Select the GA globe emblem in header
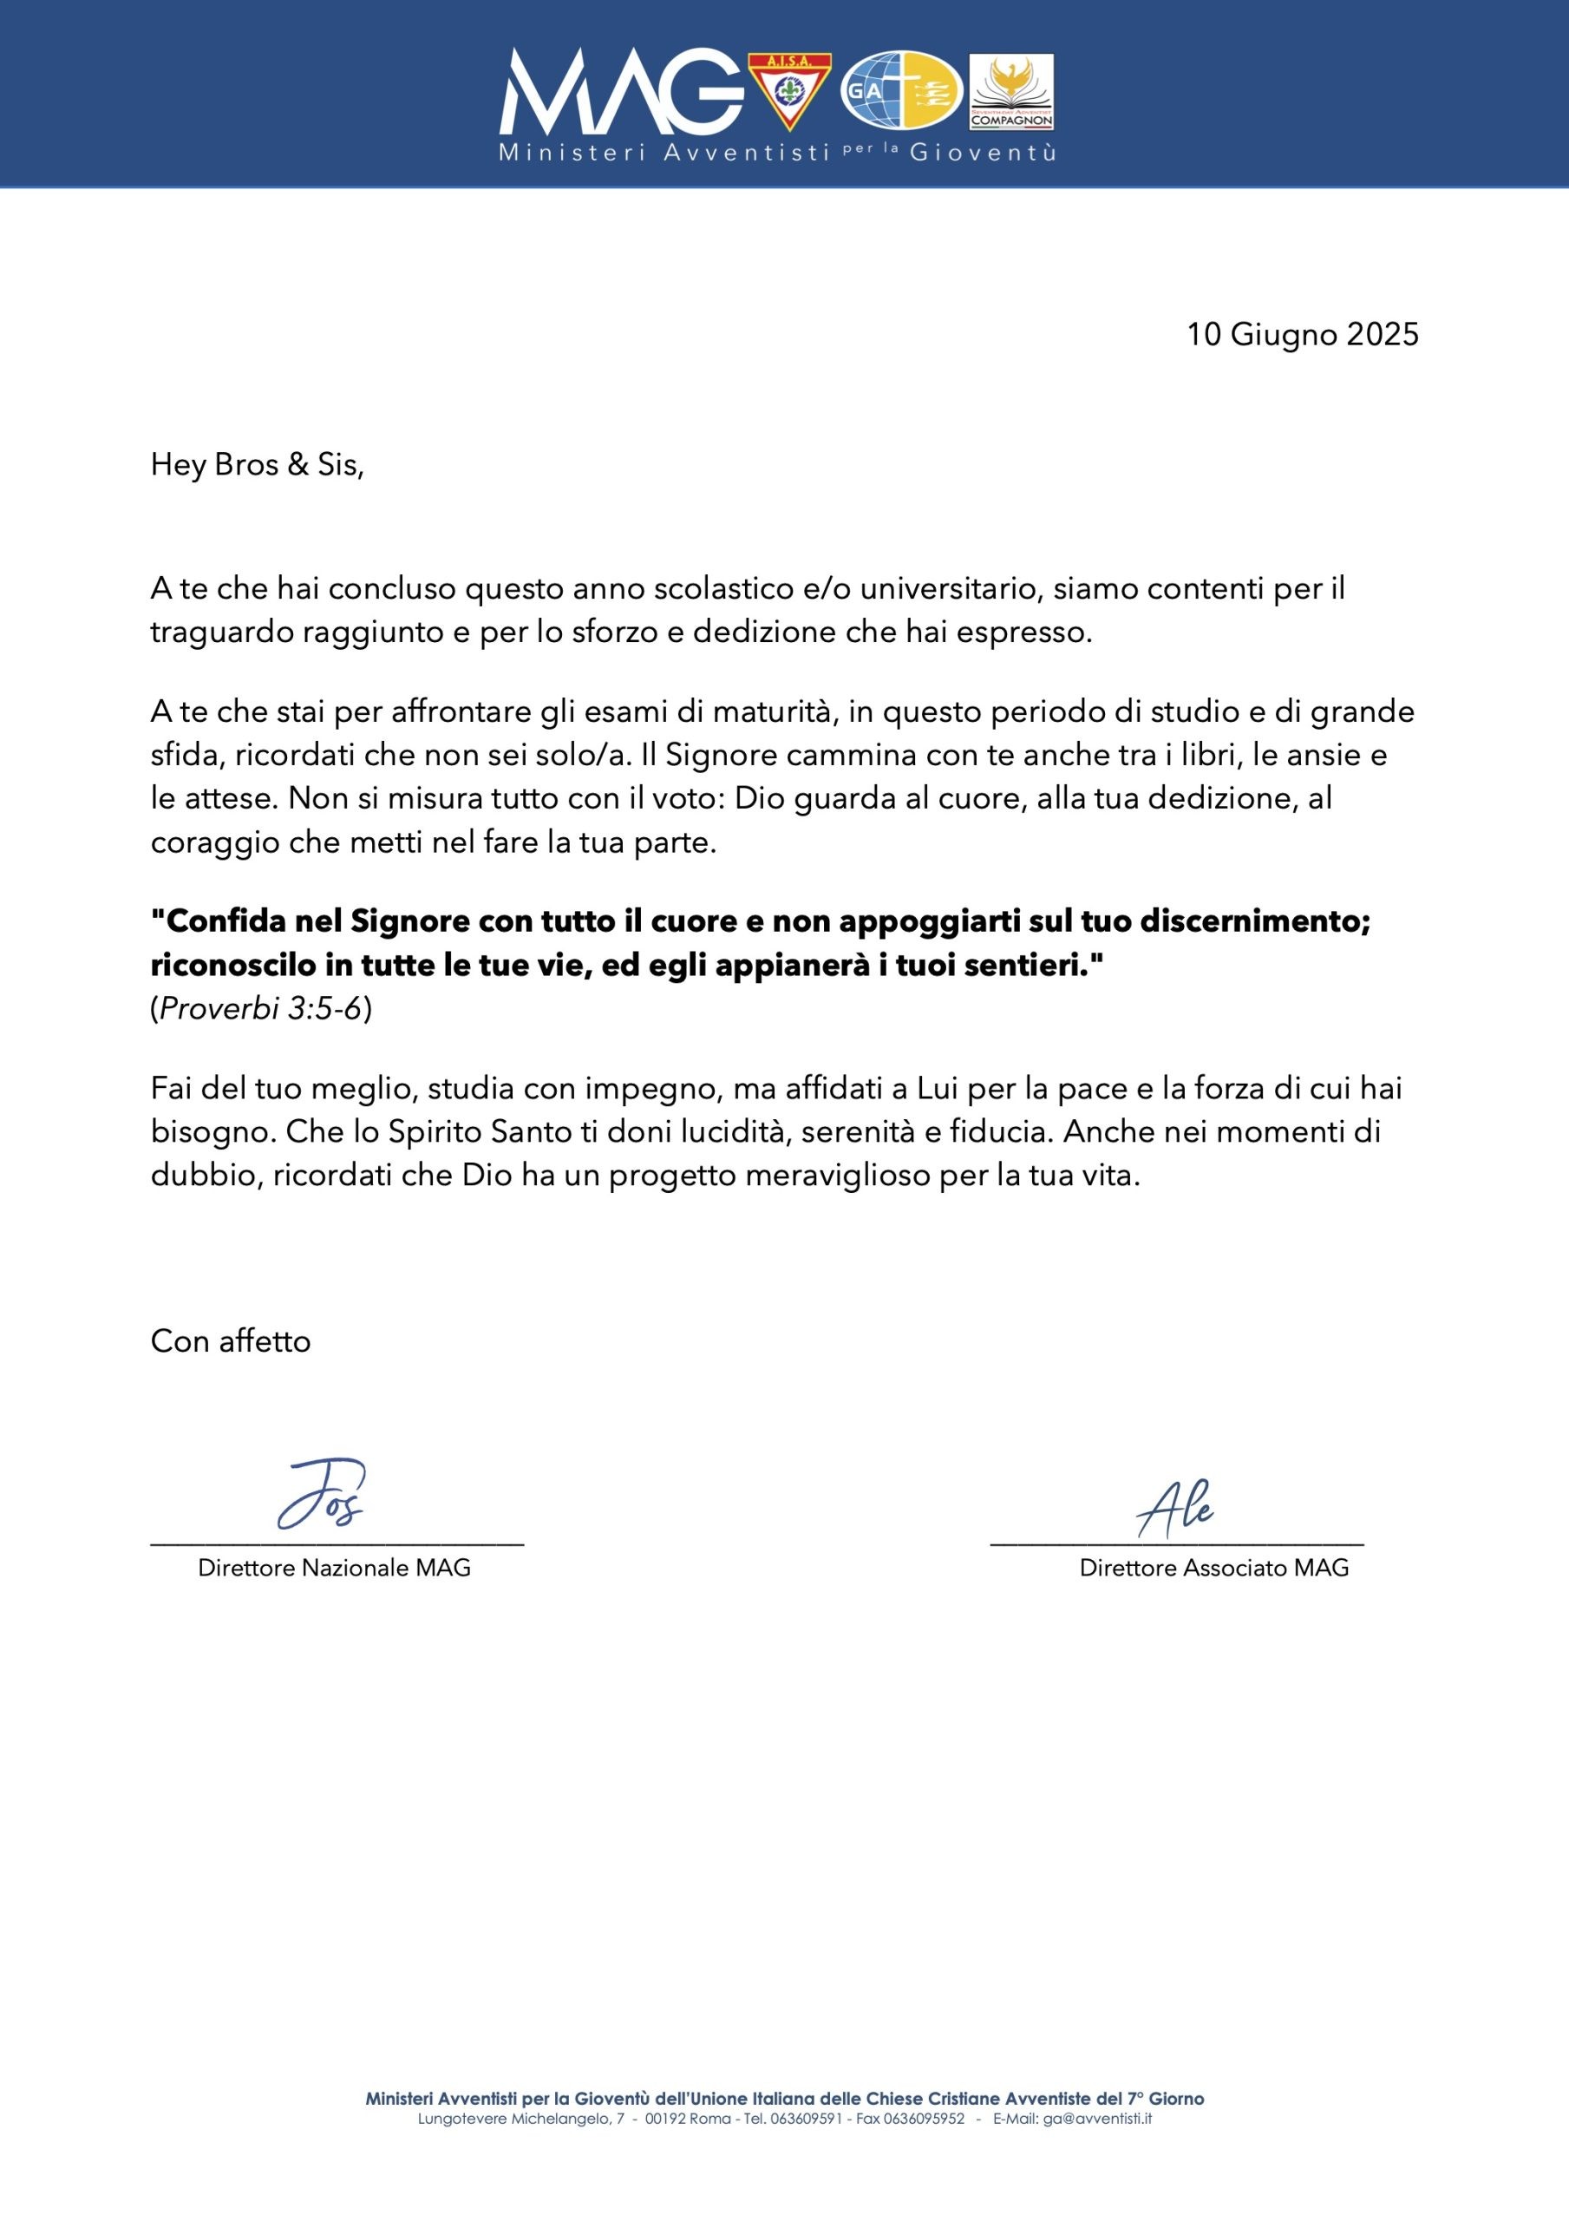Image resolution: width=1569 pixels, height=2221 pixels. (901, 93)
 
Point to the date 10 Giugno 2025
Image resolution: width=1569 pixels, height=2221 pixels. (1302, 335)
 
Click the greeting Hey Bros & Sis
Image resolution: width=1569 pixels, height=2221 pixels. (258, 465)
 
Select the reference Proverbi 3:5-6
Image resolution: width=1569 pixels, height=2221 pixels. (261, 1009)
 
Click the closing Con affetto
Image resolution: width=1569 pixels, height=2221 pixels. (230, 1340)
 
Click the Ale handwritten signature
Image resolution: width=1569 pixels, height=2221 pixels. (1174, 1510)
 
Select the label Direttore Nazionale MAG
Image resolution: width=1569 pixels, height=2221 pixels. (334, 1568)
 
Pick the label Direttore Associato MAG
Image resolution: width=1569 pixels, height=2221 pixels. (1214, 1568)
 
